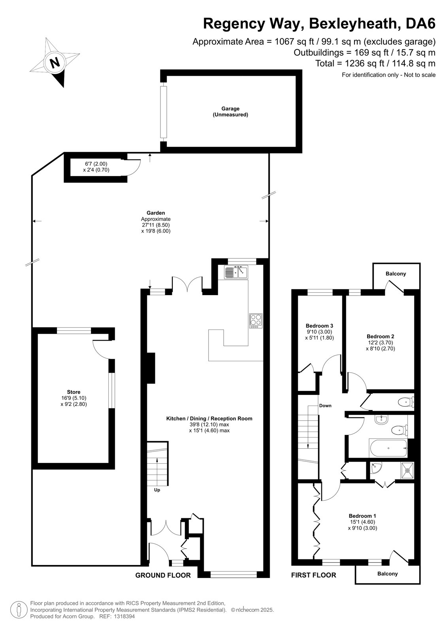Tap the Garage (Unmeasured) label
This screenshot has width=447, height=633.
230,112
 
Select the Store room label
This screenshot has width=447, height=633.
74,392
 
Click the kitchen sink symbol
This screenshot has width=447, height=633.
236,272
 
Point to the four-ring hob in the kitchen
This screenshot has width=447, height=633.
256,321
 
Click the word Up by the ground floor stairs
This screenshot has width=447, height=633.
157,490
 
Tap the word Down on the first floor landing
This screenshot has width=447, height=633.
325,406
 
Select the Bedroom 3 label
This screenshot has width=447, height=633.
319,326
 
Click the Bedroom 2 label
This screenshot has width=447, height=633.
380,336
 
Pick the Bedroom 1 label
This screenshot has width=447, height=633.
362,516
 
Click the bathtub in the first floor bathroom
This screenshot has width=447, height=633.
388,448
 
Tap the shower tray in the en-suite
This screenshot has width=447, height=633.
407,470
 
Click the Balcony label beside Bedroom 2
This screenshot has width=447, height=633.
396,273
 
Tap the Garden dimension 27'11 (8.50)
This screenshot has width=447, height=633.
156,225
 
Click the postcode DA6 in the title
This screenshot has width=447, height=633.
421,23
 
